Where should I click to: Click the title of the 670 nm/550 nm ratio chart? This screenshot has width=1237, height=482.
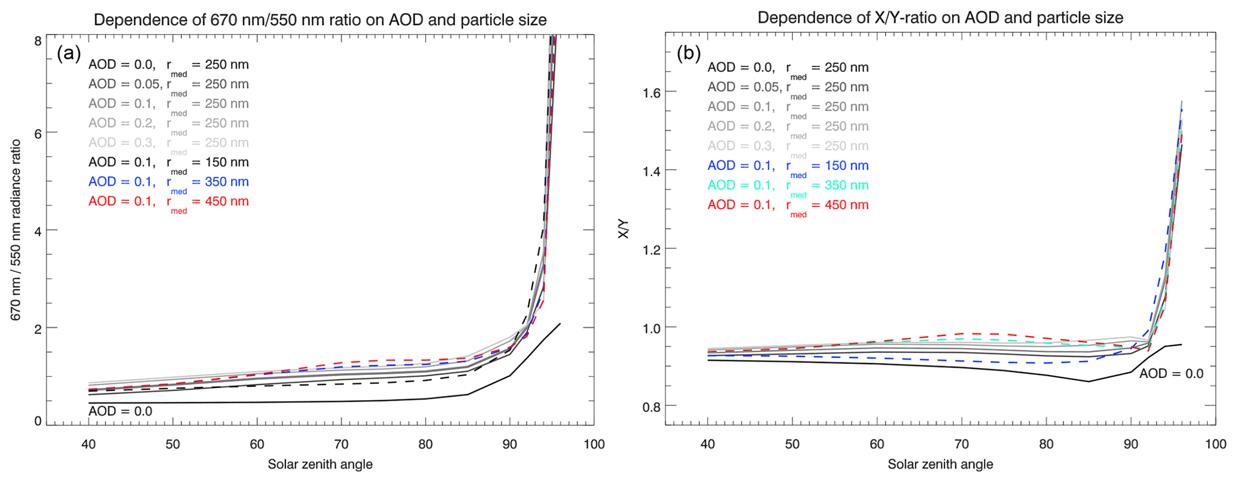tap(320, 20)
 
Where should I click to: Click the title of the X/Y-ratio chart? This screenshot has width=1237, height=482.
tap(940, 17)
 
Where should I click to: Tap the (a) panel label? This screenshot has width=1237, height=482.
tap(69, 53)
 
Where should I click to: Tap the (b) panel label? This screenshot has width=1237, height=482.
tap(688, 53)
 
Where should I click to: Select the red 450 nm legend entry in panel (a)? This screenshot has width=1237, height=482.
tap(168, 202)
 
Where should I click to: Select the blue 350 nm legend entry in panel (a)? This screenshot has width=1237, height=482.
tap(168, 182)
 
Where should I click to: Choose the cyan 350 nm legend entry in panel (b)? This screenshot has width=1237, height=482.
tap(788, 185)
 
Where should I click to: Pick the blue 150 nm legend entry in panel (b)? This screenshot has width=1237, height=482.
tap(788, 166)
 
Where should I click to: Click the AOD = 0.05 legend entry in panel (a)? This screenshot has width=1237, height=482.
tap(168, 84)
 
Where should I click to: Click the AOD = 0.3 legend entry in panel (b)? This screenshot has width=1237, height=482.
tap(788, 146)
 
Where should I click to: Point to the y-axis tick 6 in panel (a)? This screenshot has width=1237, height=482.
tap(38, 133)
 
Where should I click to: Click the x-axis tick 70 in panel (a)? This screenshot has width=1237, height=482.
tap(342, 444)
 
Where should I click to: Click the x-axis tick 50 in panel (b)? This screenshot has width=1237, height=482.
tap(792, 444)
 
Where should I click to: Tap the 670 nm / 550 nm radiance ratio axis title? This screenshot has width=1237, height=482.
tap(16, 230)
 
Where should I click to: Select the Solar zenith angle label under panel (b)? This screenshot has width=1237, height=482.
tap(940, 465)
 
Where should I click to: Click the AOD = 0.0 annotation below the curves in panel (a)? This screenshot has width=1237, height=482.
tap(120, 411)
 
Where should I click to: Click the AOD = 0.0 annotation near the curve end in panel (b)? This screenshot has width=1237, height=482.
tap(1171, 374)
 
